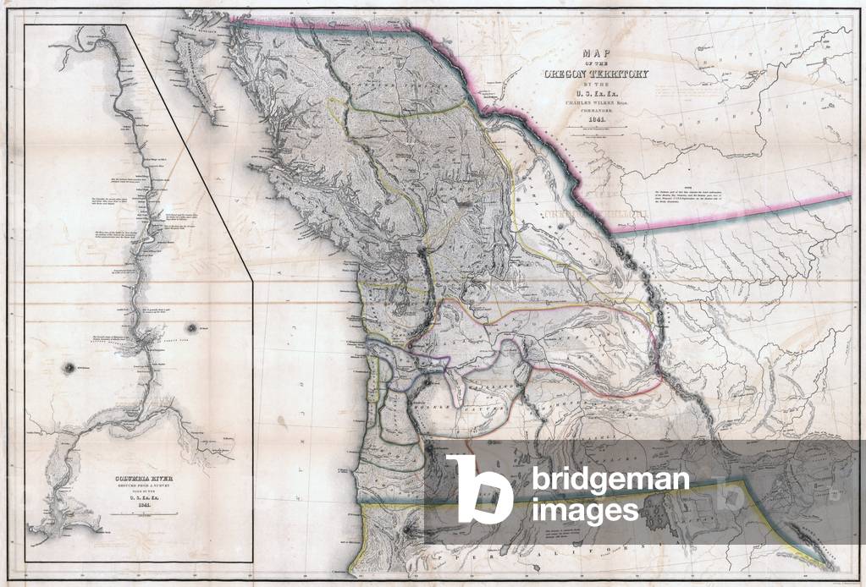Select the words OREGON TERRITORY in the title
coord(596,74)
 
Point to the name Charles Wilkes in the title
coord(596,98)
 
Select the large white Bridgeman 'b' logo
coord(479,488)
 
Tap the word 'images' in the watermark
coord(585,510)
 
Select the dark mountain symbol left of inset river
coord(69,366)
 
